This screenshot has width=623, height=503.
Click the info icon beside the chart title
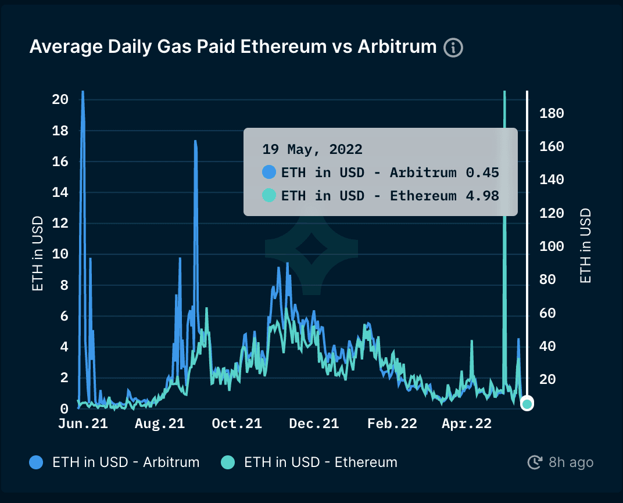coord(453,47)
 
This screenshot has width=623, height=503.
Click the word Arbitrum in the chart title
coord(397,46)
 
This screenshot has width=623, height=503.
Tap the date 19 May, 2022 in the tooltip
coord(312,149)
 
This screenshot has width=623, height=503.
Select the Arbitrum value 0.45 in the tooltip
coord(482,173)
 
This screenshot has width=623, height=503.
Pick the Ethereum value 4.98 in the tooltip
coord(482,196)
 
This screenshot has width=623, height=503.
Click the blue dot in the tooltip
coord(269,173)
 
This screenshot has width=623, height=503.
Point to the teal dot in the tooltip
coord(269,196)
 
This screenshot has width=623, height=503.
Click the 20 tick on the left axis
coord(60,99)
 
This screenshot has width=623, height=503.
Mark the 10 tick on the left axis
coord(60,254)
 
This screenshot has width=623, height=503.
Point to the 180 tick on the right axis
coord(552,113)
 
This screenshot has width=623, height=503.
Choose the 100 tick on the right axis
coord(552,246)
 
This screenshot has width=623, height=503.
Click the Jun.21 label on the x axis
coord(83,424)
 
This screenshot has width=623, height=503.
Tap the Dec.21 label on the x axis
coord(314,424)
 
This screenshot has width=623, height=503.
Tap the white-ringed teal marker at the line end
coord(527,404)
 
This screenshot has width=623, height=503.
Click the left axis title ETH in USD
coord(37,253)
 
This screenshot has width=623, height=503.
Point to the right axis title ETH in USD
coord(586,246)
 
